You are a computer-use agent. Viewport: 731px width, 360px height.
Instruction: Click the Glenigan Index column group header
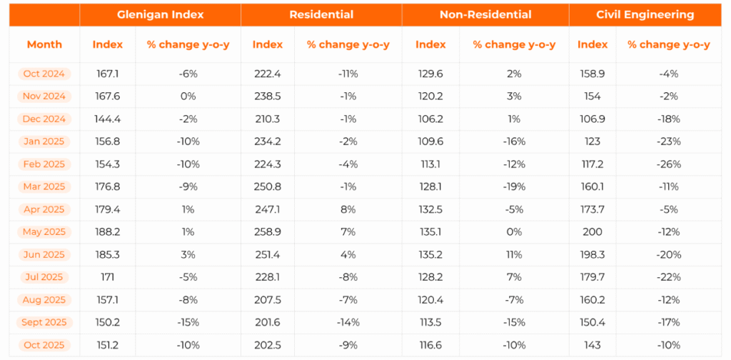pyautogui.click(x=160, y=14)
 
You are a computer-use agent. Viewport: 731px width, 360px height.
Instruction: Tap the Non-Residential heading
pyautogui.click(x=485, y=14)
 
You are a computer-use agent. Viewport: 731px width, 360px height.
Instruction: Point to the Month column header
pyautogui.click(x=44, y=44)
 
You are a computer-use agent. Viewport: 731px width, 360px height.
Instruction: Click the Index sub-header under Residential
pyautogui.click(x=268, y=44)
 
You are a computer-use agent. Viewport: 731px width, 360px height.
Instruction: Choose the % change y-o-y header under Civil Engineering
pyautogui.click(x=669, y=44)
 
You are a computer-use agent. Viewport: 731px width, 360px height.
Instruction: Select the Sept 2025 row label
pyautogui.click(x=44, y=322)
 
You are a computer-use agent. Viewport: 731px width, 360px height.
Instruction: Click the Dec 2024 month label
pyautogui.click(x=44, y=119)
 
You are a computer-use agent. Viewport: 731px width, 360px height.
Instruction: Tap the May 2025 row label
pyautogui.click(x=44, y=231)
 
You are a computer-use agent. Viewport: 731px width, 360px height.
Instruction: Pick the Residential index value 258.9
pyautogui.click(x=268, y=231)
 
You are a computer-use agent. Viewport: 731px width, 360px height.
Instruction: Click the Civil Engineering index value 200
pyautogui.click(x=593, y=231)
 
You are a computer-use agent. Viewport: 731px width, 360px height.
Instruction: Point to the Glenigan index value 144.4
pyautogui.click(x=108, y=119)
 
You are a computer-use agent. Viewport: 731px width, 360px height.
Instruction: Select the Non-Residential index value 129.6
pyautogui.click(x=430, y=74)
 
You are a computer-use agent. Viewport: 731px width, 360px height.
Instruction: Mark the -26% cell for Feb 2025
pyautogui.click(x=669, y=164)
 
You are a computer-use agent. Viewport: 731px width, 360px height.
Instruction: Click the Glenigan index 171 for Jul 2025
pyautogui.click(x=108, y=277)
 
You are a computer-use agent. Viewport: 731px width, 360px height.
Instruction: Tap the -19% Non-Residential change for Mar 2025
pyautogui.click(x=514, y=186)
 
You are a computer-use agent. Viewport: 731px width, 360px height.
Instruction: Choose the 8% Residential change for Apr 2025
pyautogui.click(x=348, y=209)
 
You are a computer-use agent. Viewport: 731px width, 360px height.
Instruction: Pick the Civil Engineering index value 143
pyautogui.click(x=593, y=345)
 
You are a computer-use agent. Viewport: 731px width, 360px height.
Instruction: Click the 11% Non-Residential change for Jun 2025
pyautogui.click(x=514, y=254)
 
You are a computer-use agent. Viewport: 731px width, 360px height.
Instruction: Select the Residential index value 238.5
pyautogui.click(x=268, y=96)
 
